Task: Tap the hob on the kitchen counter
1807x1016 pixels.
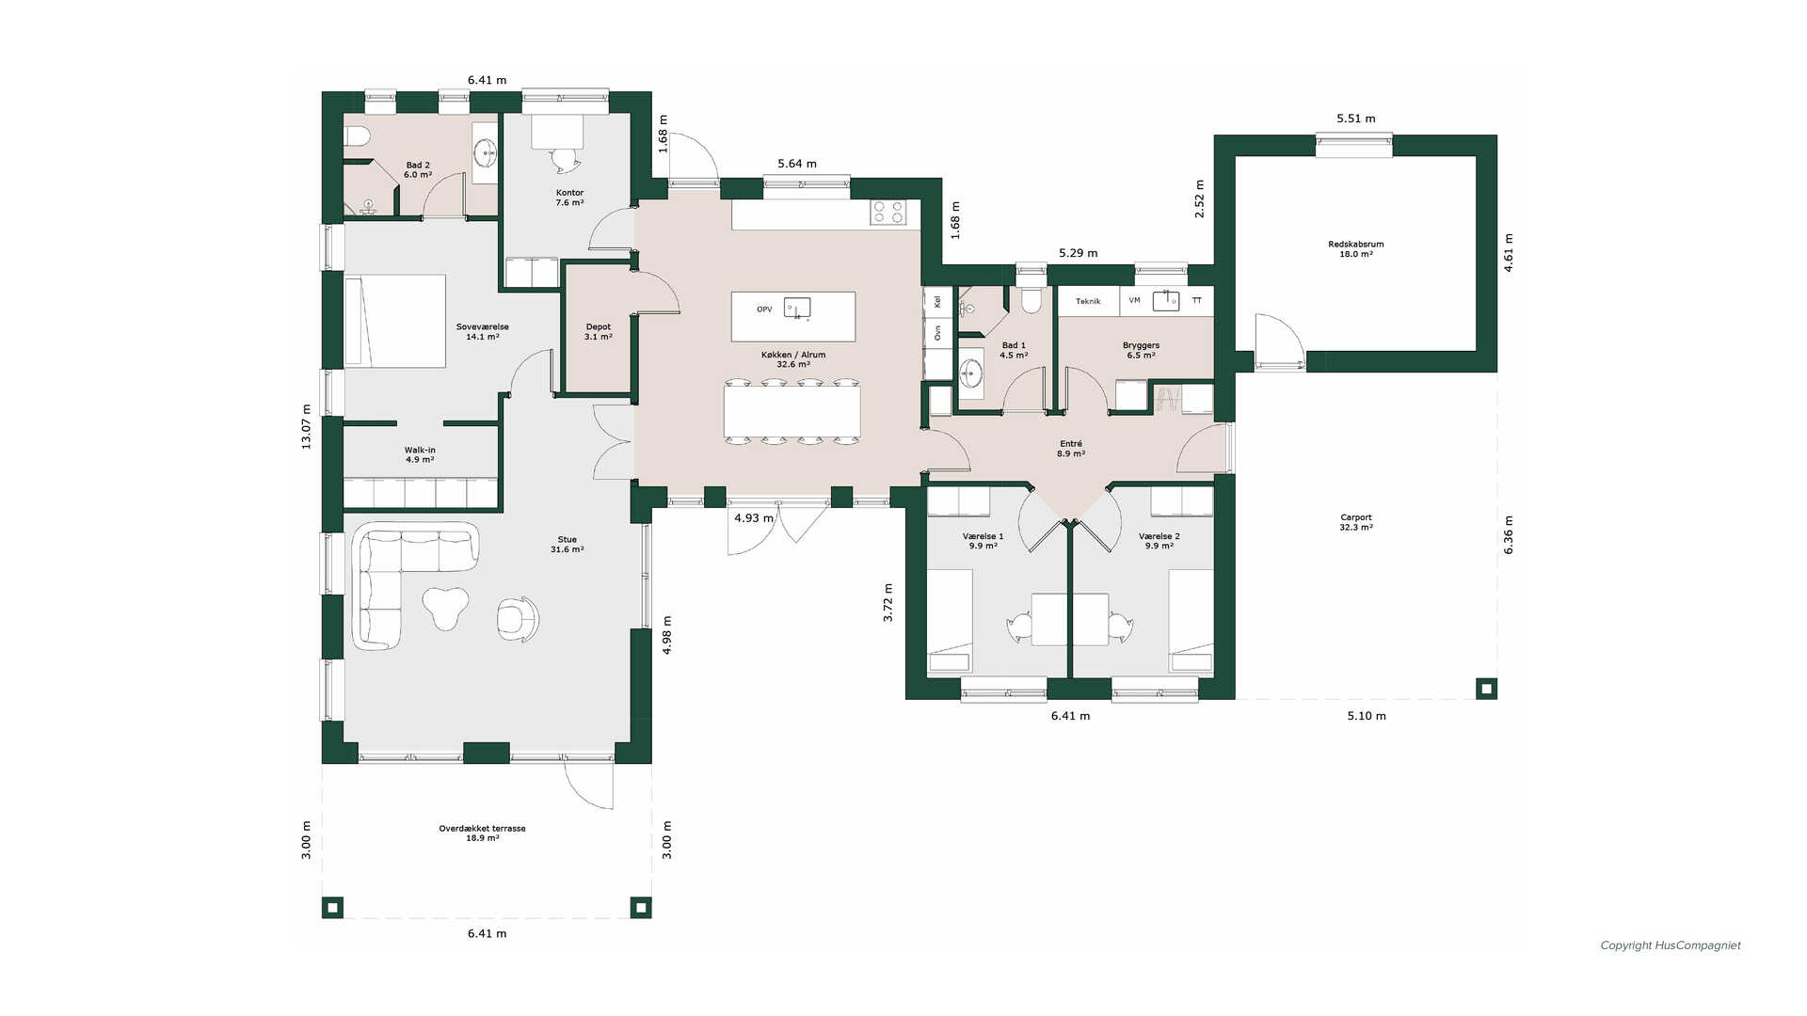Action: (888, 212)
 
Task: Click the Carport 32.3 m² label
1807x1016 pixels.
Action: (1356, 522)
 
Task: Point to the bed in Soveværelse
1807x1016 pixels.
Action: (395, 321)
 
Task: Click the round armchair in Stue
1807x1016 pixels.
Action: (518, 619)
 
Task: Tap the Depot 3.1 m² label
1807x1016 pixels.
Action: (599, 331)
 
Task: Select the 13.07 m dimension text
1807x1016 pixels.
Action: (306, 426)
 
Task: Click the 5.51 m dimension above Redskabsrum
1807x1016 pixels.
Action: (1356, 119)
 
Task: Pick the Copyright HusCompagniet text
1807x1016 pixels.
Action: (1671, 945)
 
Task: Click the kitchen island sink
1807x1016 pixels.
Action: (797, 308)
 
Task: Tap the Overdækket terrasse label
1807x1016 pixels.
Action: (482, 829)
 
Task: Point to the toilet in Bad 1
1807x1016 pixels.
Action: (1031, 298)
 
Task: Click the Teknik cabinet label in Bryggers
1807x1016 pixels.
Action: (1088, 301)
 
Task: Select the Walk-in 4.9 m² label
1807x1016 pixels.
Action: (420, 454)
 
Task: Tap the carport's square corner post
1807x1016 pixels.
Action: (1486, 689)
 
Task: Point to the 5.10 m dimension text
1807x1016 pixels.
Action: (1367, 716)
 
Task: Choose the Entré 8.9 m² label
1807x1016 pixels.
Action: (1071, 449)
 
